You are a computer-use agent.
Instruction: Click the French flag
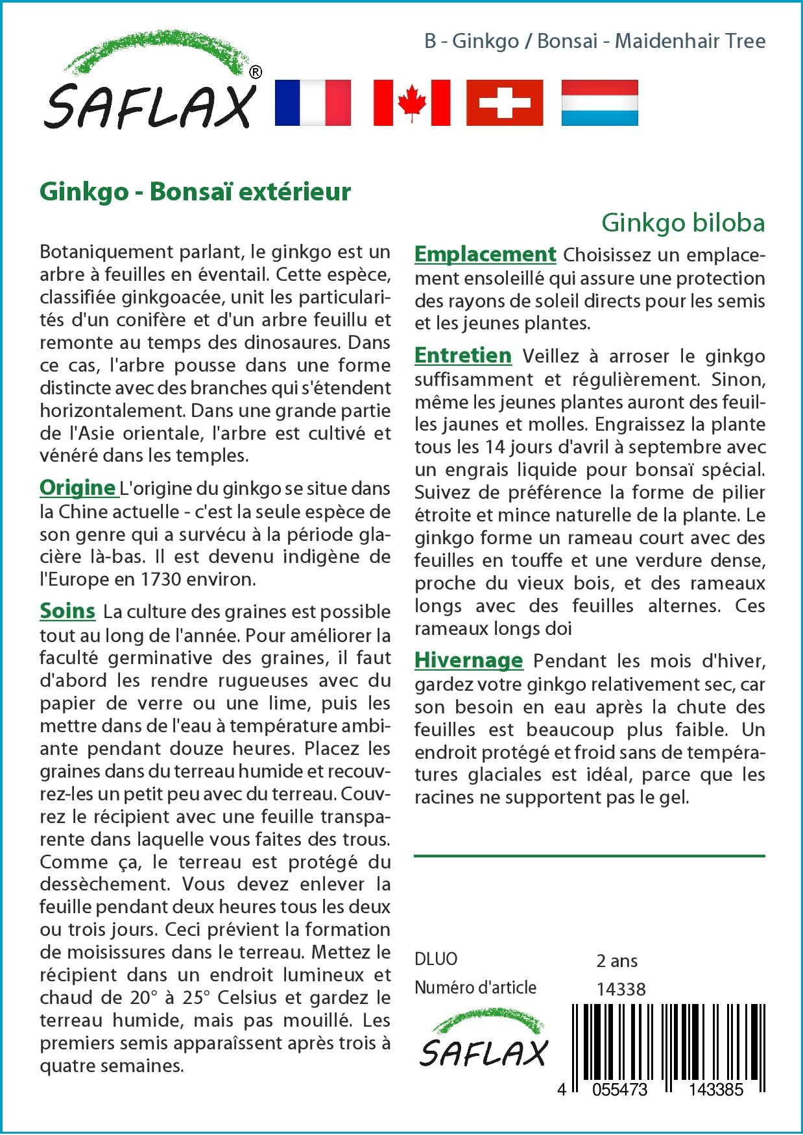(x=313, y=102)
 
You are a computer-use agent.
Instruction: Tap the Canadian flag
(x=412, y=102)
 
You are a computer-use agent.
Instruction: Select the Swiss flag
(x=505, y=102)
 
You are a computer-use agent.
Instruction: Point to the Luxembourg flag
(x=599, y=102)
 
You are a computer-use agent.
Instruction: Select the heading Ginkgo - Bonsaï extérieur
(x=195, y=192)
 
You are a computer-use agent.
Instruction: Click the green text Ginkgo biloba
(x=683, y=222)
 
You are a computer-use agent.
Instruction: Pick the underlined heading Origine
(x=77, y=487)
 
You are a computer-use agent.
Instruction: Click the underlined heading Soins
(x=67, y=611)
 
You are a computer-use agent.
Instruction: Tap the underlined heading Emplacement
(x=485, y=254)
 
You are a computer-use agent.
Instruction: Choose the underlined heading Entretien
(x=463, y=355)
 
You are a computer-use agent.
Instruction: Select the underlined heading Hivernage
(x=468, y=660)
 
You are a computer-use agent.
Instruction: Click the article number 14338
(x=621, y=988)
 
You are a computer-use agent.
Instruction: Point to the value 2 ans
(x=616, y=961)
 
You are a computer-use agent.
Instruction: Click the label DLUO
(x=436, y=959)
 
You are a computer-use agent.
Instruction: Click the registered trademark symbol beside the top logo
(x=256, y=72)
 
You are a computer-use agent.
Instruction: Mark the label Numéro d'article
(x=475, y=988)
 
